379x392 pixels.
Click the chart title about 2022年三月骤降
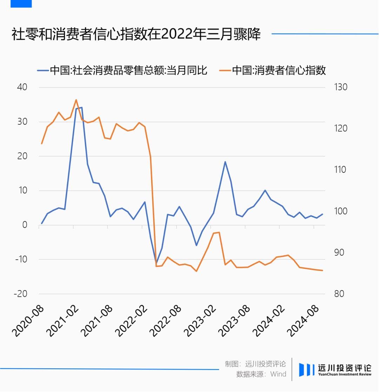[x=136, y=35]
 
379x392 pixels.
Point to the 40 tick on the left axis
[x=22, y=87]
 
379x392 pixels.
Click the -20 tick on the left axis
[x=20, y=294]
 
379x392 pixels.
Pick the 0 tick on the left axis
[x=25, y=225]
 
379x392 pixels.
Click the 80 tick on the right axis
[x=339, y=294]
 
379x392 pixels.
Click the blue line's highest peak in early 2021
[x=81, y=107]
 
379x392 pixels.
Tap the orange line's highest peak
[x=76, y=100]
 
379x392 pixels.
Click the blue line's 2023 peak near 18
[x=225, y=162]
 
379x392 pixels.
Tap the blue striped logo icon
[x=306, y=370]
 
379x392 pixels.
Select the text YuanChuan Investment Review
[x=344, y=374]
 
